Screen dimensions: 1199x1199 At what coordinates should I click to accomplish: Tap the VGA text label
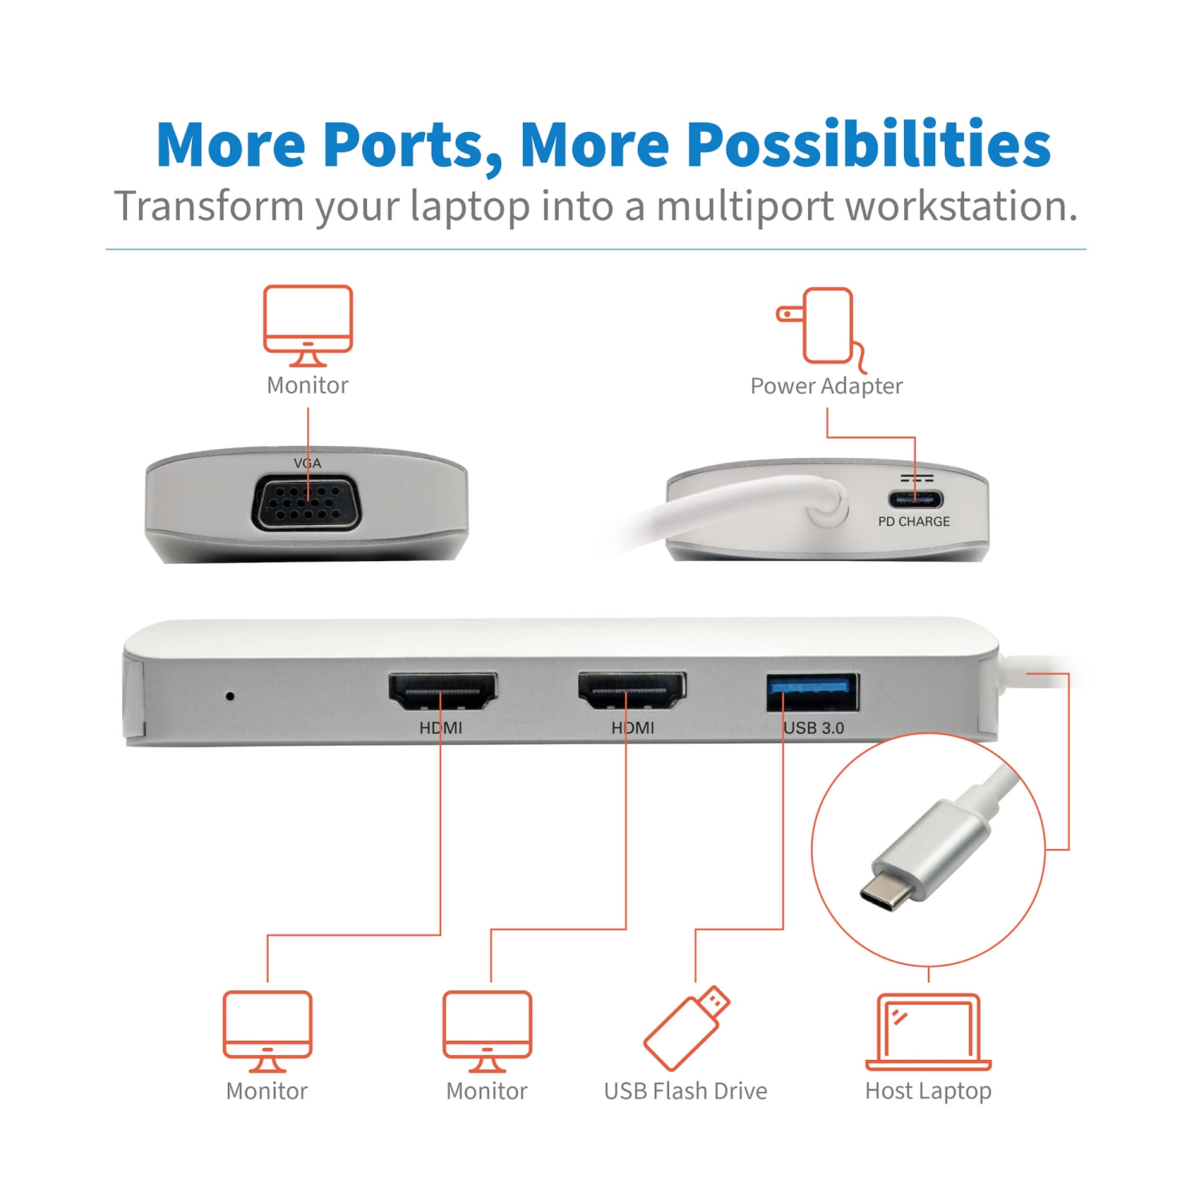pos(308,464)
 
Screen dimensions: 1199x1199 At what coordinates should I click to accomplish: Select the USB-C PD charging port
pos(915,500)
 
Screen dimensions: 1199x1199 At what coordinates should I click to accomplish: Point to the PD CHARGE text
pos(914,521)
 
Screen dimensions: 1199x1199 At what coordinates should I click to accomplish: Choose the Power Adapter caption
pos(827,386)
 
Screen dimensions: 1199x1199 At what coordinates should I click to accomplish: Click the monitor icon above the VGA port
pos(308,325)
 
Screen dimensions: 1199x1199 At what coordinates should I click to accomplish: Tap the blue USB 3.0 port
pos(813,692)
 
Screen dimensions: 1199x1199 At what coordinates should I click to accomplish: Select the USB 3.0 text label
pos(814,727)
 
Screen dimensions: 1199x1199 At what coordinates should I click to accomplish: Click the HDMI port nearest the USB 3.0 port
pos(632,691)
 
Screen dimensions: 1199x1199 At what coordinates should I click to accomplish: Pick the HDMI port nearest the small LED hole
pos(442,691)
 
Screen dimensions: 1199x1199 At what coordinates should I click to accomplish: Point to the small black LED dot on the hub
pos(230,696)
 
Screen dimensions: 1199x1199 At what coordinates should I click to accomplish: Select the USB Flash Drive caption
pos(685,1091)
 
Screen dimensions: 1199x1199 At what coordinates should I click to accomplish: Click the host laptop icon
pos(928,1031)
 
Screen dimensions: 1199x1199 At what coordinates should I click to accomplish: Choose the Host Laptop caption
pos(928,1091)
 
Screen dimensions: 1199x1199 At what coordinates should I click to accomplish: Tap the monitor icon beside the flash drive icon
pos(488,1030)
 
